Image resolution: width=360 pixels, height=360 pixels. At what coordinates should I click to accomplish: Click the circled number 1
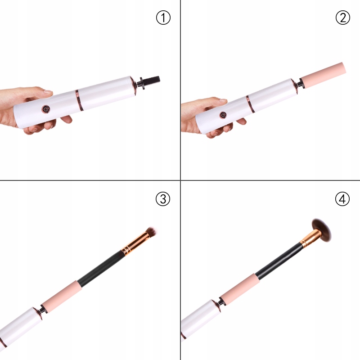[x=163, y=18]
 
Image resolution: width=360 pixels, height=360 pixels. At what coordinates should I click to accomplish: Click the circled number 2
[x=343, y=18]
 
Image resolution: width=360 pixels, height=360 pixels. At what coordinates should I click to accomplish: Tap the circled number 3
[x=163, y=199]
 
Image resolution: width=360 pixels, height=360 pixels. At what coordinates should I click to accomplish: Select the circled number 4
[x=342, y=199]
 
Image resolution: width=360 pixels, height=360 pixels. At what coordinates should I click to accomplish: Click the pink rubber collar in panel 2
[x=323, y=75]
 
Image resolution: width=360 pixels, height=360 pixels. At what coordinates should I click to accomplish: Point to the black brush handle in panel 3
[x=101, y=268]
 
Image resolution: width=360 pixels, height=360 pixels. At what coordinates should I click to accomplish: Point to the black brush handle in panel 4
[x=279, y=261]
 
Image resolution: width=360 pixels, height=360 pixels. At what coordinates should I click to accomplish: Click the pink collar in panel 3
[x=62, y=296]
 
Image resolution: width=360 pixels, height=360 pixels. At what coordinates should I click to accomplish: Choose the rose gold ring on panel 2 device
[x=251, y=104]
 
